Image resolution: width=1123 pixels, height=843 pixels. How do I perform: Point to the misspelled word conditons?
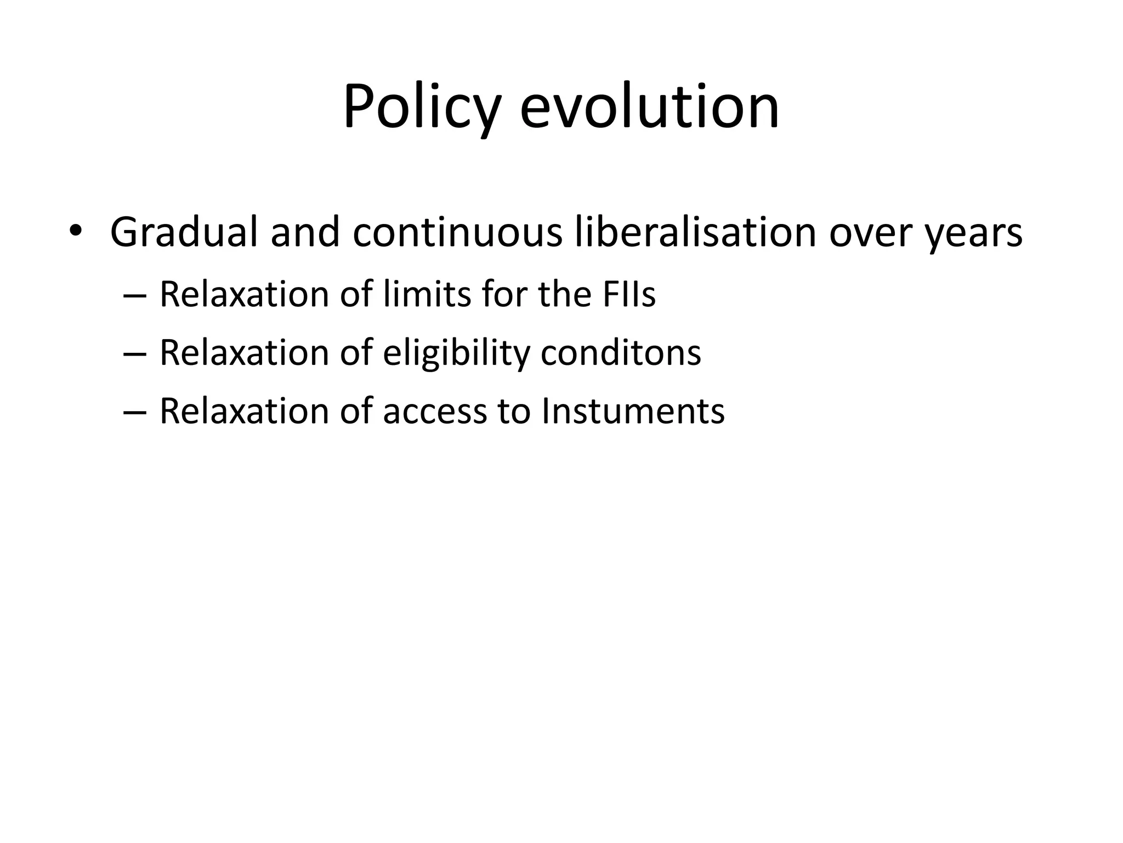click(621, 352)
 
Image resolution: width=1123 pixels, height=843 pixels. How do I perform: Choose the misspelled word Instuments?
click(633, 411)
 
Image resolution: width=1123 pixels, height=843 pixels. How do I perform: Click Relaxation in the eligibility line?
click(245, 352)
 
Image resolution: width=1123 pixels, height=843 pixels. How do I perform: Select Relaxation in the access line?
click(245, 411)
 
